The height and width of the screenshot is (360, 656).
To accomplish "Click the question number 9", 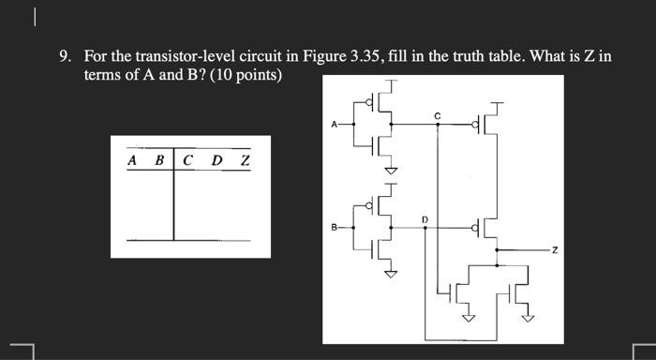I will (x=64, y=56).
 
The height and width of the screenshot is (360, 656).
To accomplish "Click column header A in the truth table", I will (x=132, y=160).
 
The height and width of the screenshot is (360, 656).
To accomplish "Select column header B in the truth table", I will (x=158, y=160).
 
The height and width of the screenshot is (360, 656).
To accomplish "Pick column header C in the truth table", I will (x=188, y=160).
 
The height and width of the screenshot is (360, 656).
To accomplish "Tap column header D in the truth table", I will (x=216, y=160).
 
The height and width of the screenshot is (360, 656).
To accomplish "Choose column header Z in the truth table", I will (x=245, y=160).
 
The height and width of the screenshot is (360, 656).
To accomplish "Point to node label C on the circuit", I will (x=437, y=114).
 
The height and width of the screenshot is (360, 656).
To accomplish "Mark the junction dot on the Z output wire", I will (x=496, y=250).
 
